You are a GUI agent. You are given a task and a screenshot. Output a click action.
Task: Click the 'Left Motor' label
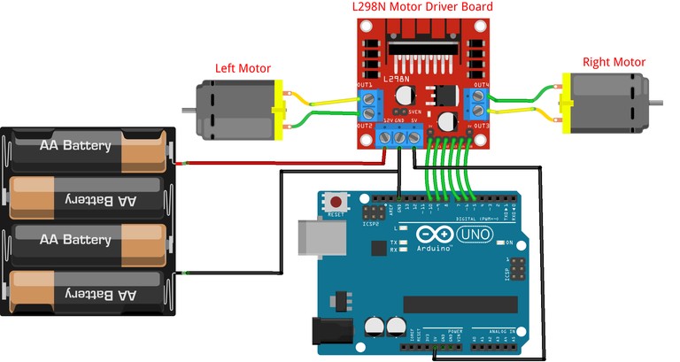point(243,68)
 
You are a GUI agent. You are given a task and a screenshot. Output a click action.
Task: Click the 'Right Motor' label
point(614,62)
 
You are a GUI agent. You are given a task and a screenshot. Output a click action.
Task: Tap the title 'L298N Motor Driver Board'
point(422,8)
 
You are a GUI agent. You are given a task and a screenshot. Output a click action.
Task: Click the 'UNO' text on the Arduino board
point(478,235)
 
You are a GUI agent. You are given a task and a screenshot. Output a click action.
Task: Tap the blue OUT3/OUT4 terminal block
point(479,104)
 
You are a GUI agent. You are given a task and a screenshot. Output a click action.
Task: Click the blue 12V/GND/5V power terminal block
point(399,135)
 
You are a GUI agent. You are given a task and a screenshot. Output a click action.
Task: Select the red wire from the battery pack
point(283,163)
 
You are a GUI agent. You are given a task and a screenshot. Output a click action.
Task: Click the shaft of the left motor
point(188,110)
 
